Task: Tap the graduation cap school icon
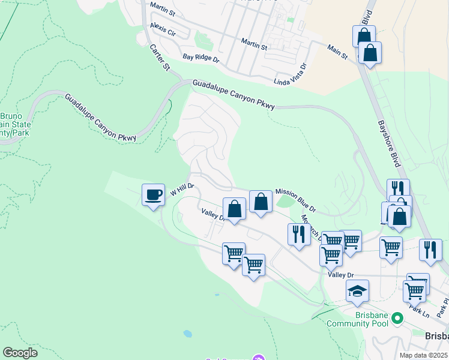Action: pyautogui.click(x=357, y=291)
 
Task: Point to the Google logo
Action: pyautogui.click(x=20, y=352)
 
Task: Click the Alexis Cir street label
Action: pyautogui.click(x=163, y=28)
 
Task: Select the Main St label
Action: pyautogui.click(x=337, y=52)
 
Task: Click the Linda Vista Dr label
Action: pyautogui.click(x=290, y=74)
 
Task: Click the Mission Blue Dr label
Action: pyautogui.click(x=295, y=198)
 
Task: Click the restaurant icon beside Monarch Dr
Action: pyautogui.click(x=298, y=233)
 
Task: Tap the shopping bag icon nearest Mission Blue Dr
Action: pyautogui.click(x=261, y=202)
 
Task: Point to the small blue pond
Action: pyautogui.click(x=188, y=333)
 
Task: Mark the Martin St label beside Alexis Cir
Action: pyautogui.click(x=162, y=8)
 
